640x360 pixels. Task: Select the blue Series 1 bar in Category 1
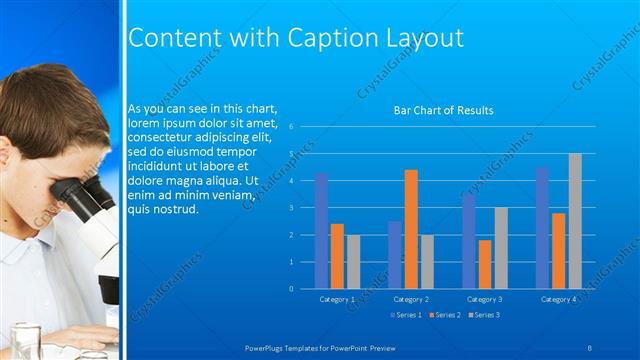321,230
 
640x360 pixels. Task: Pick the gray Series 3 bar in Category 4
574,221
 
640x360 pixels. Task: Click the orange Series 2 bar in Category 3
484,264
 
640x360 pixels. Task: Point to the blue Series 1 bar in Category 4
542,228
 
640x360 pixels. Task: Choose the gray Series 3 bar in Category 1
353,261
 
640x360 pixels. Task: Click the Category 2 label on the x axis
411,299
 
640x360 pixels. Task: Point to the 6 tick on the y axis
289,127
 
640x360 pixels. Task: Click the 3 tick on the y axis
289,208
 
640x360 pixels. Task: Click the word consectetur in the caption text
159,136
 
